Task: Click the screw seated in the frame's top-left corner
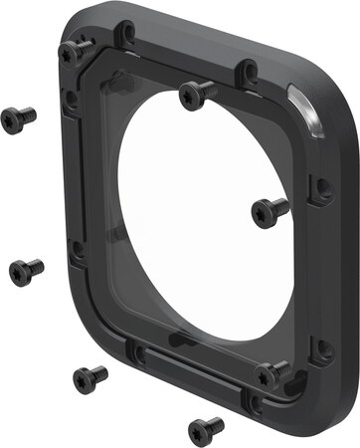point(76,49)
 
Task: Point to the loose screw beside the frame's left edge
point(25,269)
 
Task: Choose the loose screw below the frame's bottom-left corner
point(88,377)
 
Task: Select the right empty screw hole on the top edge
point(250,71)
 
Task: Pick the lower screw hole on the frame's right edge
point(322,348)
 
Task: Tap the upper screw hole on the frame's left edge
point(71,99)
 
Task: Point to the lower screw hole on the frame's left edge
point(77,250)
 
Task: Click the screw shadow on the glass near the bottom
point(184,340)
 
